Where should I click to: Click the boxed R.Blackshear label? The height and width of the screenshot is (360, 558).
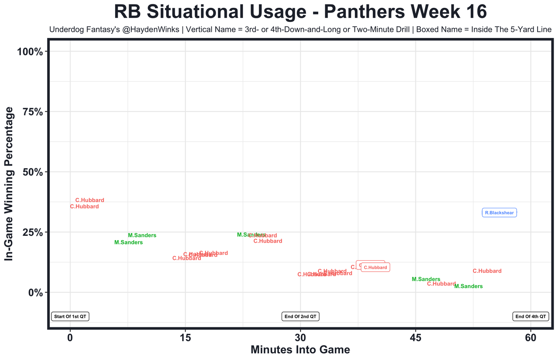499,213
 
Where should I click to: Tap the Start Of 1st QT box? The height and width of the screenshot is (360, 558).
70,316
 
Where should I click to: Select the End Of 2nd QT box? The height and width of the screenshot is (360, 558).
301,316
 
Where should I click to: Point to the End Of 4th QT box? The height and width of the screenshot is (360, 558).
531,316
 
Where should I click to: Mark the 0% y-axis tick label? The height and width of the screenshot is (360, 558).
35,292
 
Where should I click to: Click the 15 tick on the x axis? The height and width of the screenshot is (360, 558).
185,338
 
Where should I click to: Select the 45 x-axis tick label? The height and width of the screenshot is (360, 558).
415,338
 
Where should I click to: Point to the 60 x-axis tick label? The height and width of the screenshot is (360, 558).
531,338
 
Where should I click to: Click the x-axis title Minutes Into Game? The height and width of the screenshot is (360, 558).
300,350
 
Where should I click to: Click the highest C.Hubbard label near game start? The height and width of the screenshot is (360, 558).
90,200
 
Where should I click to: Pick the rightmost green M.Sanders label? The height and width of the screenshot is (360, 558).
468,286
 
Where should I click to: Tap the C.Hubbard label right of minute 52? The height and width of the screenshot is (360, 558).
487,271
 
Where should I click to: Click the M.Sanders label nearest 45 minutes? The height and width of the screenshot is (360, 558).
426,279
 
